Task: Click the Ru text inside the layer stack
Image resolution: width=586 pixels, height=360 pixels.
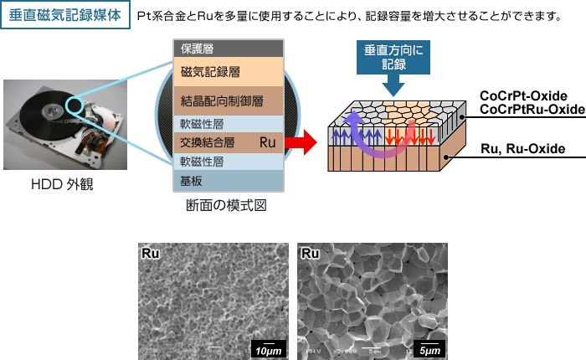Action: tap(268, 142)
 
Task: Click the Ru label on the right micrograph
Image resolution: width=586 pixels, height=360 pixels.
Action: tap(311, 252)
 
